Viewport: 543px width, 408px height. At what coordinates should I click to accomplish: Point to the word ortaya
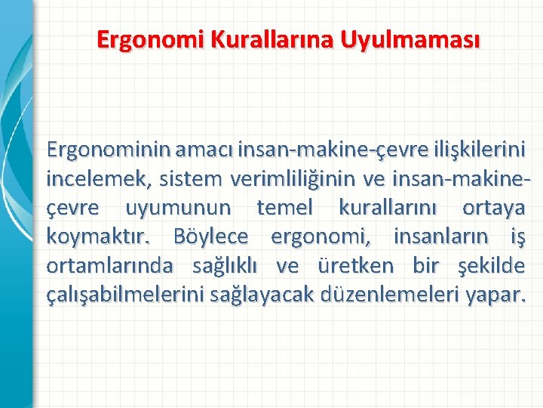[x=493, y=208]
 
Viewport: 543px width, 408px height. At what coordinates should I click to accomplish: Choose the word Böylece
[x=210, y=236]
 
